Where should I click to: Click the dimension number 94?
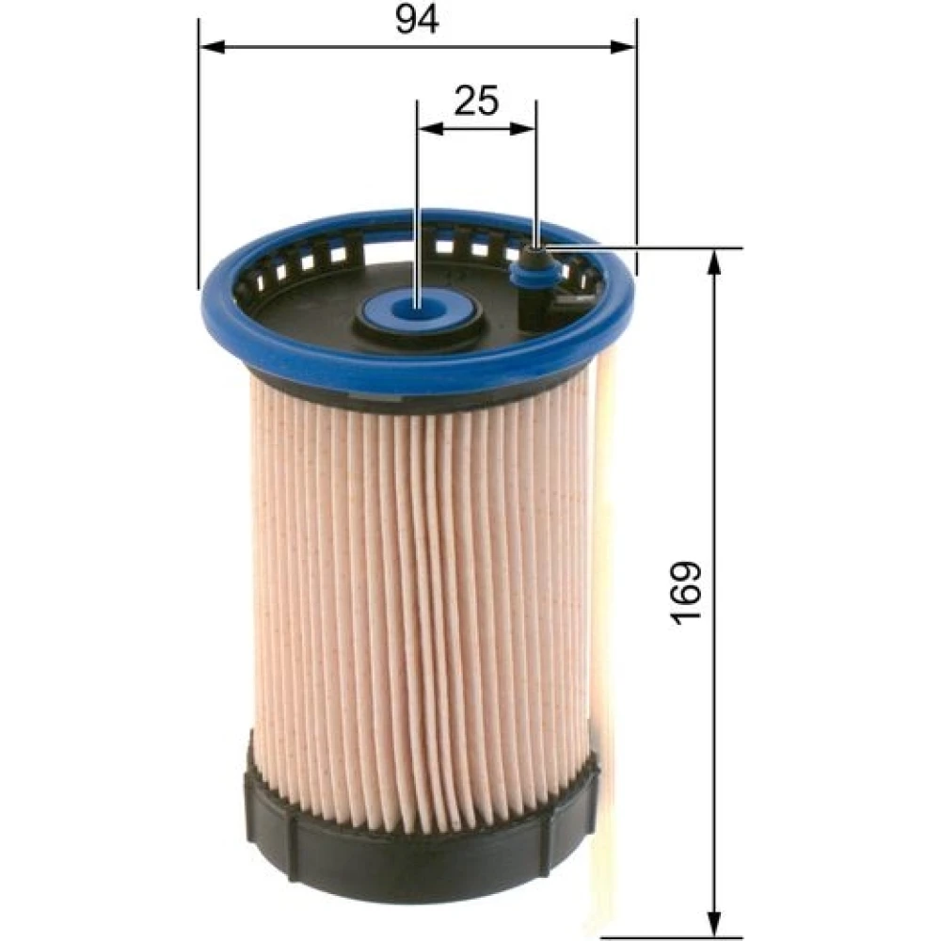(x=417, y=19)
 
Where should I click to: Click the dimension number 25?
(x=476, y=101)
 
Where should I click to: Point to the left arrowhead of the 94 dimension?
(x=212, y=47)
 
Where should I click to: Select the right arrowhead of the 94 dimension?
(x=622, y=47)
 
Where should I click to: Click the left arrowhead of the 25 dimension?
(x=431, y=128)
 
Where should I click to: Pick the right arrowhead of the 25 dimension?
(x=521, y=128)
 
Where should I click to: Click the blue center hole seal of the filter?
(x=419, y=310)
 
